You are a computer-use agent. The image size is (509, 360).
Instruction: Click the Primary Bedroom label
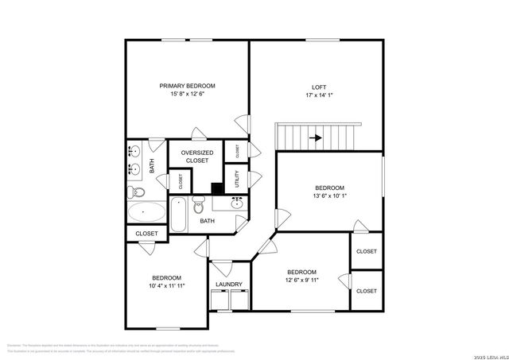pyautogui.click(x=187, y=86)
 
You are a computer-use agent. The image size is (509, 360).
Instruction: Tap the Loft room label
pyautogui.click(x=318, y=87)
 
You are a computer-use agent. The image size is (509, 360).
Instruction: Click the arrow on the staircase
pyautogui.click(x=316, y=137)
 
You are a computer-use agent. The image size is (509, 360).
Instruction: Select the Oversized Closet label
pyautogui.click(x=196, y=156)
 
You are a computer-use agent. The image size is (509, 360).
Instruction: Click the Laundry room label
pyautogui.click(x=229, y=285)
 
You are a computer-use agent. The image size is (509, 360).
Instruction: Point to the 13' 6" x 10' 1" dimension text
pyautogui.click(x=329, y=196)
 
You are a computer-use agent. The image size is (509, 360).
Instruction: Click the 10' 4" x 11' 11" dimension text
pyautogui.click(x=167, y=286)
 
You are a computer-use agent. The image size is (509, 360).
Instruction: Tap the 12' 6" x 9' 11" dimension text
pyautogui.click(x=301, y=280)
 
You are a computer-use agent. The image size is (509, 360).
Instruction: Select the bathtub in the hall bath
pyautogui.click(x=178, y=215)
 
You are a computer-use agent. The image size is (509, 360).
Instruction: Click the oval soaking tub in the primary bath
pyautogui.click(x=146, y=213)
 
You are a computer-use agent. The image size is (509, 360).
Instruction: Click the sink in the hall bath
pyautogui.click(x=237, y=203)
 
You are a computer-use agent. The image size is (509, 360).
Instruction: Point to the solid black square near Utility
pyautogui.click(x=216, y=188)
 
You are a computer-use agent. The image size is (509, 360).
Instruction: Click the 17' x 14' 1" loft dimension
pyautogui.click(x=318, y=95)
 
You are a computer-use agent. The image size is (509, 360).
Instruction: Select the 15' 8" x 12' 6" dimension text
pyautogui.click(x=187, y=94)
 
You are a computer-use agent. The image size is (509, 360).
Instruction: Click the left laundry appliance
pyautogui.click(x=220, y=300)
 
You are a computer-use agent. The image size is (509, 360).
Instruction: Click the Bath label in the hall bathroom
pyautogui.click(x=207, y=221)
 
